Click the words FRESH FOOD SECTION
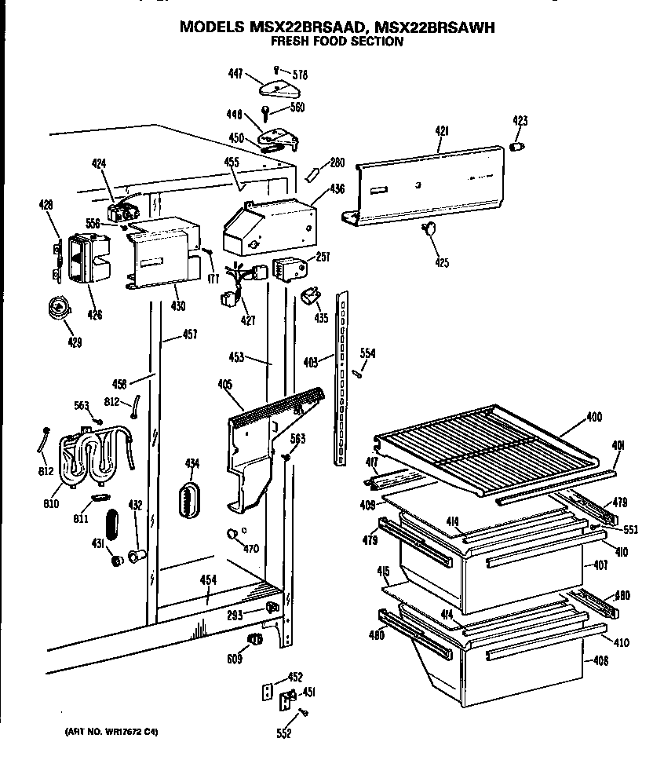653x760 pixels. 337,42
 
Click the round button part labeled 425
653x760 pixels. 429,229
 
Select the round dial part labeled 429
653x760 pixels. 58,309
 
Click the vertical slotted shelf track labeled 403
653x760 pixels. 342,377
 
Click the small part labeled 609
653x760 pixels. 256,638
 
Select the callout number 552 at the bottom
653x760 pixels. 284,734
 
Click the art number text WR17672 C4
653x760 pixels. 111,733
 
